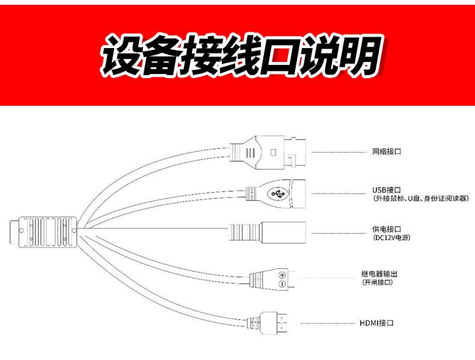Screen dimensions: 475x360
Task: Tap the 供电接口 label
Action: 386,229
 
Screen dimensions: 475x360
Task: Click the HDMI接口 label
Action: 376,323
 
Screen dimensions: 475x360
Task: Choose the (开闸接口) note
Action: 378,282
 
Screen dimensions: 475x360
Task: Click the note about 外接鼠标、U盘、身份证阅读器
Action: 420,198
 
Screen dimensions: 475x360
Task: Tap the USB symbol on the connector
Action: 277,194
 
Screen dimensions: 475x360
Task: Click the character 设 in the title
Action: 123,55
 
